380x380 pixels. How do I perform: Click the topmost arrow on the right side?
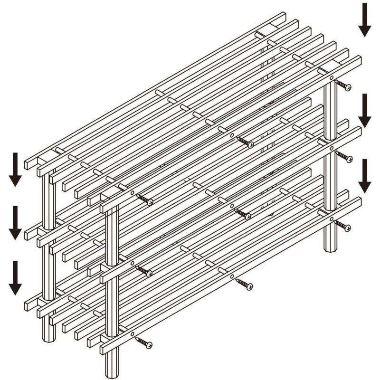tap(364, 19)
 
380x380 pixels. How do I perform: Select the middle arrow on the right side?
tap(364, 110)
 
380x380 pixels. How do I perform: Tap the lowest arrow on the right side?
tap(364, 175)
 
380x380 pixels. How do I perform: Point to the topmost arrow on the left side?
tap(15, 169)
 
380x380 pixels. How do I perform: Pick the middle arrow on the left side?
tap(15, 222)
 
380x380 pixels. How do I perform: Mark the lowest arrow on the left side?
tap(15, 277)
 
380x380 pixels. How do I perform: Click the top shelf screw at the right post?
tap(343, 85)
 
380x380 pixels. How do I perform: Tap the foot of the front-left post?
tap(112, 368)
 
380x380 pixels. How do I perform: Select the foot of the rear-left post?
tap(49, 337)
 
